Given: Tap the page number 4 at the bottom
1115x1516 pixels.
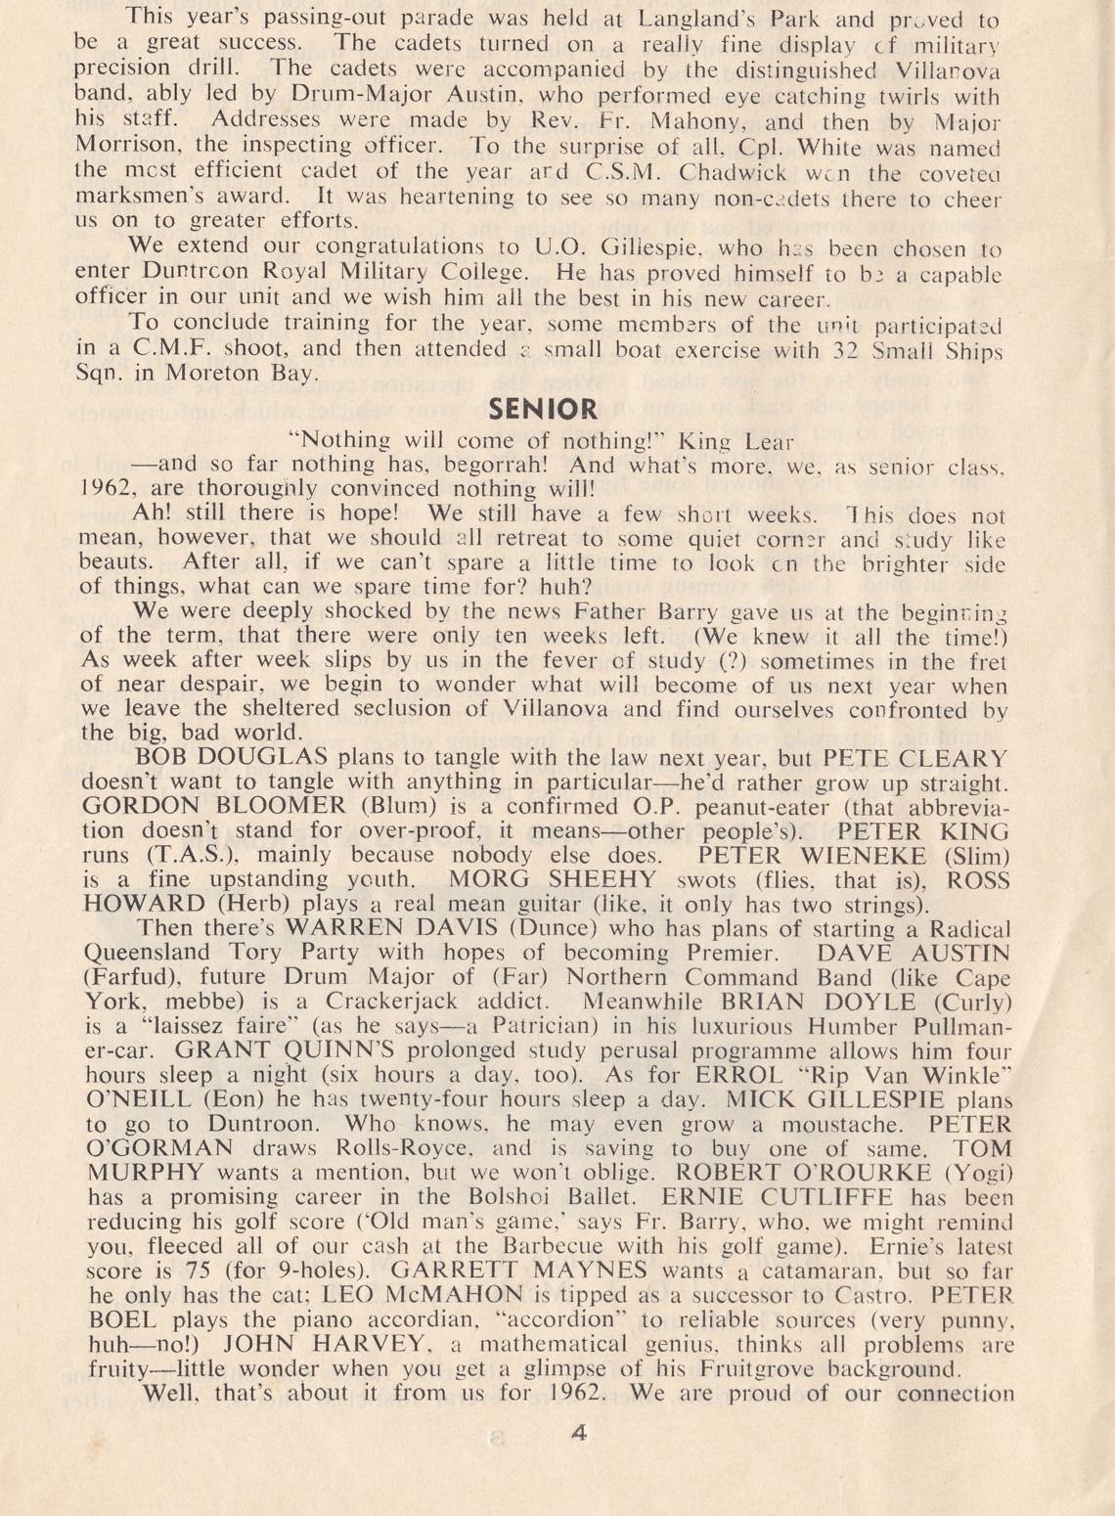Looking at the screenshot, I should pos(577,1434).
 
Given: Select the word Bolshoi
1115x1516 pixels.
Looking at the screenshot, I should pos(546,1197).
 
